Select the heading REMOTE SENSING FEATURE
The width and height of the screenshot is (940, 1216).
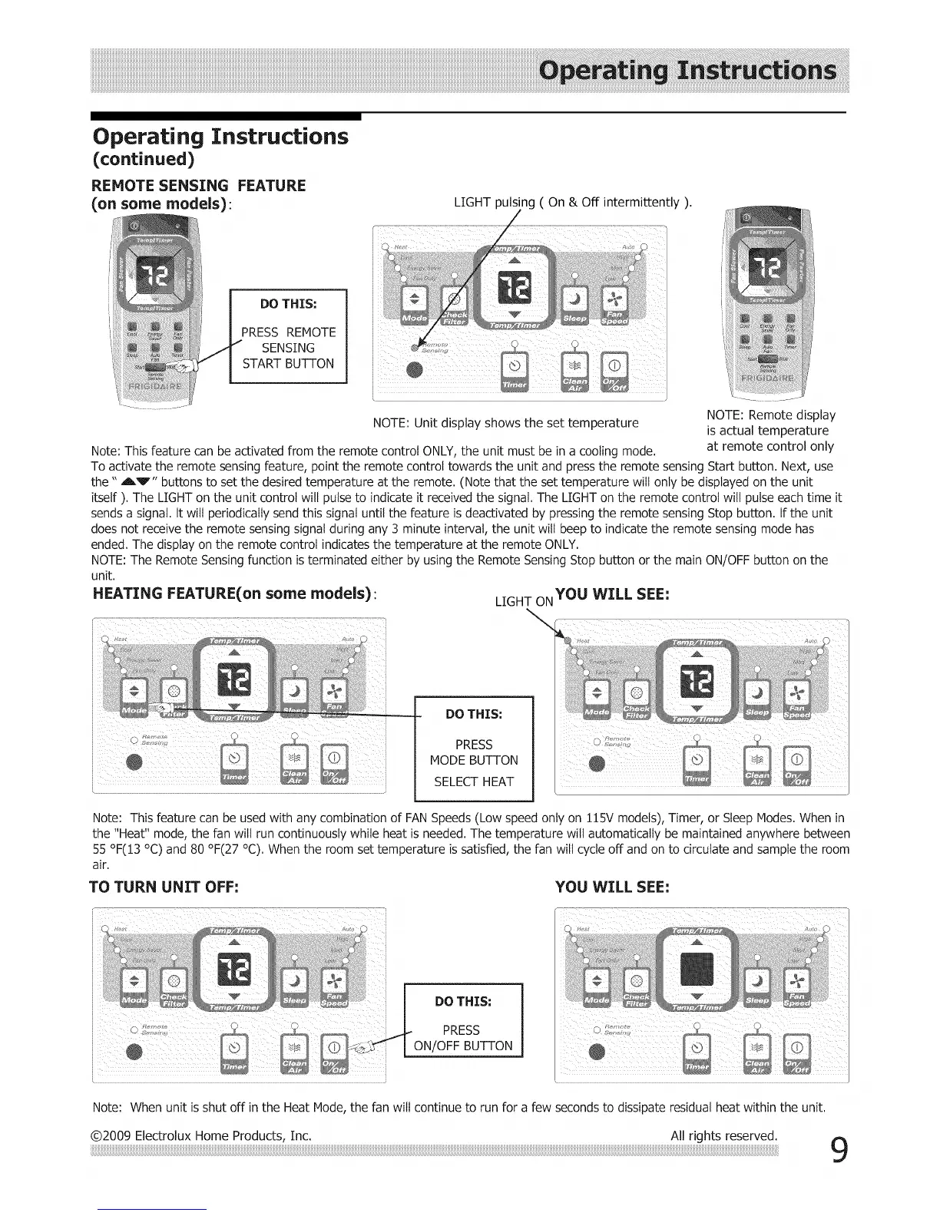click(198, 186)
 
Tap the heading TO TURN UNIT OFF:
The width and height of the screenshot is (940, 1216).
click(165, 887)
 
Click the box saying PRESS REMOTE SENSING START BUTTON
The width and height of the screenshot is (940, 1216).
click(289, 335)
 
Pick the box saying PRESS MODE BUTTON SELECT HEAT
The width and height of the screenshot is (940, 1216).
click(474, 748)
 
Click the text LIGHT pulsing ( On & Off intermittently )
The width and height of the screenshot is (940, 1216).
click(572, 203)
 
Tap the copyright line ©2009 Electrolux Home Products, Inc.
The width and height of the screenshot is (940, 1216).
click(201, 1135)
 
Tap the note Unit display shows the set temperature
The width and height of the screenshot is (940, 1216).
click(505, 423)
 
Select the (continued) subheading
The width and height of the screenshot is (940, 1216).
click(143, 160)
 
